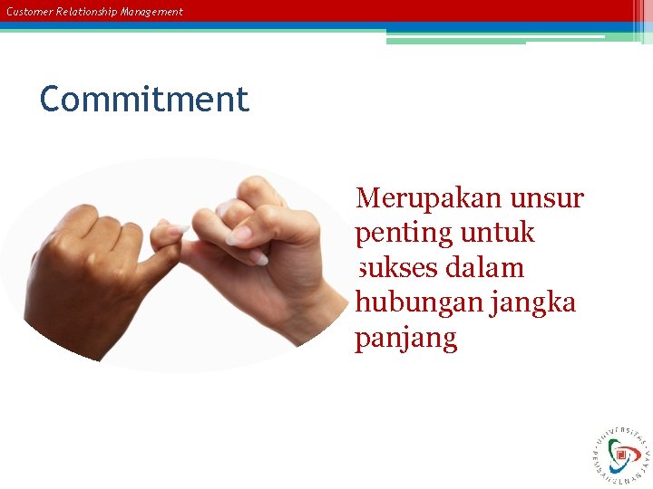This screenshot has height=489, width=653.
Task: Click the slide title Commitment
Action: [x=143, y=99]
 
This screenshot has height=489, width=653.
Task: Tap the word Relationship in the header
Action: [x=84, y=12]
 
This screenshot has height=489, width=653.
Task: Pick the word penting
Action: [x=404, y=235]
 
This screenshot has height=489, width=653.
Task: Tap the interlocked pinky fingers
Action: [x=172, y=237]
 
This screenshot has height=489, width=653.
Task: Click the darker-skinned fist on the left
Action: [x=91, y=272]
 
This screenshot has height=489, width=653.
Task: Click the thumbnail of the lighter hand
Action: [x=239, y=235]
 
